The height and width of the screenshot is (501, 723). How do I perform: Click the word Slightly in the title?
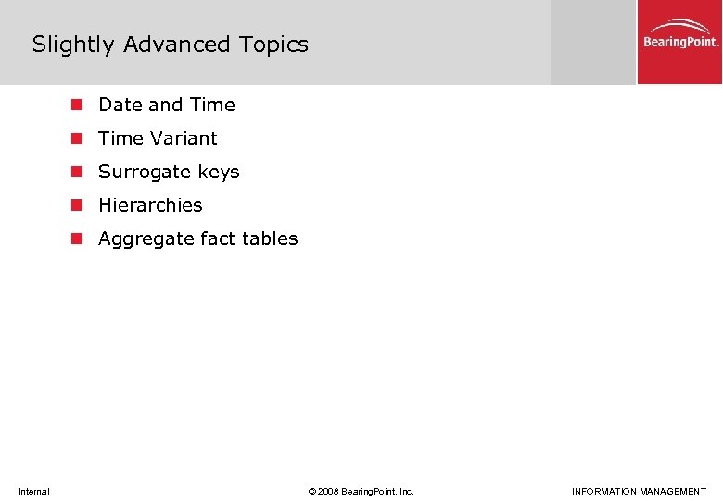point(74,45)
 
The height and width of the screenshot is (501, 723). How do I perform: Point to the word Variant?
point(184,138)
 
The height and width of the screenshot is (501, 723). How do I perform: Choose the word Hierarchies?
point(150,205)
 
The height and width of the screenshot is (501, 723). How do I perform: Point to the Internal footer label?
point(33,491)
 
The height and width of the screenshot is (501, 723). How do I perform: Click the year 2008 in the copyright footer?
point(327,491)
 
